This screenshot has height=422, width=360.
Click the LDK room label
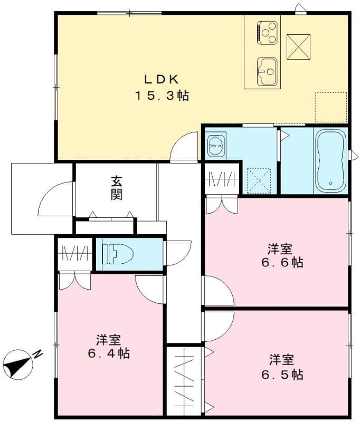tap(163, 80)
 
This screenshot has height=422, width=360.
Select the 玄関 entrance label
tap(117, 187)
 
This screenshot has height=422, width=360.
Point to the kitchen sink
tap(267, 69)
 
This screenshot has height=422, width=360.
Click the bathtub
tap(330, 160)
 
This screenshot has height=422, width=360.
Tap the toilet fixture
tap(118, 254)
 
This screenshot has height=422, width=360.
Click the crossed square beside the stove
tap(298, 46)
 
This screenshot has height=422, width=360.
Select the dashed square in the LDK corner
tap(330, 107)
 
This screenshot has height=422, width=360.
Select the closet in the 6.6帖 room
tap(222, 179)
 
